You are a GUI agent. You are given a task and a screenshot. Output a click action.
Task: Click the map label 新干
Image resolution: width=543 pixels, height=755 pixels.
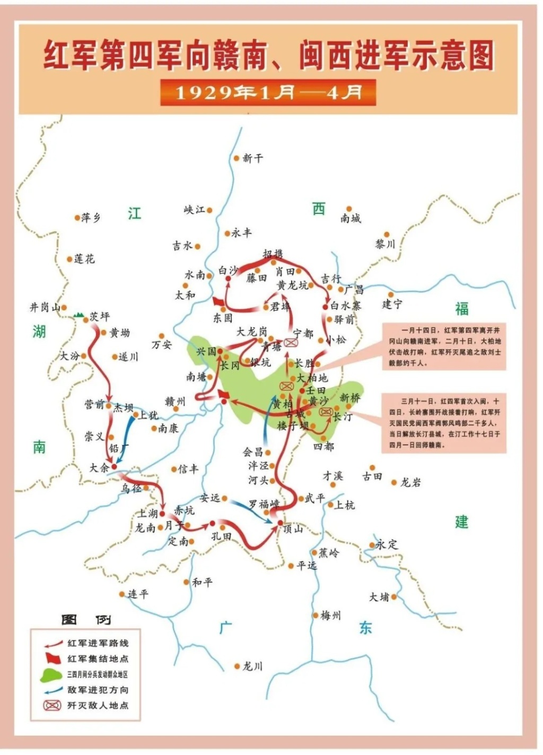[x=252, y=158]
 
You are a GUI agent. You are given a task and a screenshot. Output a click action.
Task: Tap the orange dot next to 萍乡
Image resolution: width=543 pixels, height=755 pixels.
[x=77, y=218]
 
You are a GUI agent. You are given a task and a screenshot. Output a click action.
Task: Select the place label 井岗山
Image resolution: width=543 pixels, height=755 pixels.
[x=44, y=307]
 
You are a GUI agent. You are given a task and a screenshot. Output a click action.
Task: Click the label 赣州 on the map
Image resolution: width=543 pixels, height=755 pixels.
[x=175, y=401]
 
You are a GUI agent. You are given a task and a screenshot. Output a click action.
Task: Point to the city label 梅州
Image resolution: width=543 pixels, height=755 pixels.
[x=331, y=615]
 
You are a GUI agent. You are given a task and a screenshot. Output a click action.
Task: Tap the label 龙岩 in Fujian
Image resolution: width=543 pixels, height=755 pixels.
[x=410, y=482]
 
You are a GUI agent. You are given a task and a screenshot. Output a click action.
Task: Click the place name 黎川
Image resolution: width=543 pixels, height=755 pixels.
[x=385, y=244]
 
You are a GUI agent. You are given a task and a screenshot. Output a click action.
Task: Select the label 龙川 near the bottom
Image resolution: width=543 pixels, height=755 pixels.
[x=252, y=666]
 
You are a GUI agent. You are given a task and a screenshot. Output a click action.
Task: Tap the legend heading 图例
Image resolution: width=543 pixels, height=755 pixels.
[x=86, y=619]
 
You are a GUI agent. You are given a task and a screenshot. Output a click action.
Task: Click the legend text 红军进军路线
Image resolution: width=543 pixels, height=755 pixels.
[x=98, y=643]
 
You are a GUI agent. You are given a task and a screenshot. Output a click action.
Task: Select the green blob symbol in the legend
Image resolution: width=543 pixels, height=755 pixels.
[x=51, y=674]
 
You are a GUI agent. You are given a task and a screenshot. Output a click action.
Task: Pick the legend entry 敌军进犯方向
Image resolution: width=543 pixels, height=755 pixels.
[x=98, y=690]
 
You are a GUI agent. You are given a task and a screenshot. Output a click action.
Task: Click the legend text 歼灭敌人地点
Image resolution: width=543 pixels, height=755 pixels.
[x=98, y=705]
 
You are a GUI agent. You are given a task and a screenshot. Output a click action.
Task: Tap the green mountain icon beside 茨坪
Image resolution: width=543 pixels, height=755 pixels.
[x=80, y=315]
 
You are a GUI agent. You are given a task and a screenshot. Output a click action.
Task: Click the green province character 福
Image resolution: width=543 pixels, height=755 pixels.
[x=461, y=309]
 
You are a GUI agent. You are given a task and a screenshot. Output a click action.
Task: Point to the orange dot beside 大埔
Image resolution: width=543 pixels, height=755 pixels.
[x=394, y=597]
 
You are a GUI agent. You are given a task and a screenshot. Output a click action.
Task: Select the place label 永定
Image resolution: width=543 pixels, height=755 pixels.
[x=387, y=544]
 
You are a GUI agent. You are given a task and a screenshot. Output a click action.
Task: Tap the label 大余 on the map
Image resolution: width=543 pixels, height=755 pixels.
[x=99, y=467]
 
